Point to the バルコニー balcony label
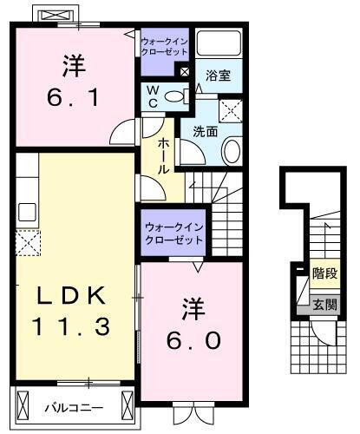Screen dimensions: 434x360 pos(73,406)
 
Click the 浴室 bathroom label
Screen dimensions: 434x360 pos(218,76)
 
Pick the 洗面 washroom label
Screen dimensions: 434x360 pos(205,132)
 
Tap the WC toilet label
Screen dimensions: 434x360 pos(152,96)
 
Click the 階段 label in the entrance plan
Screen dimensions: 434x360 pos(324,273)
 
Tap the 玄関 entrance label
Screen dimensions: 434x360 pos(325,305)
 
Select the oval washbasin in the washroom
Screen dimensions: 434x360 pos(232,152)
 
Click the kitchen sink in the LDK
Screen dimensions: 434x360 pos(26,212)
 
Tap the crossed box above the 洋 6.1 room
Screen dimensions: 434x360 pos(58,16)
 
